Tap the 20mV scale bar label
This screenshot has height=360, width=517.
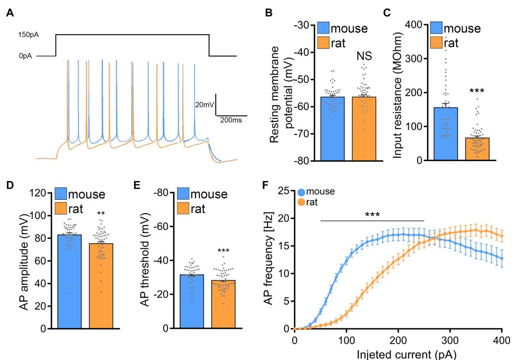(x=205, y=104)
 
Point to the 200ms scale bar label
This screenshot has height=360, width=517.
(x=233, y=120)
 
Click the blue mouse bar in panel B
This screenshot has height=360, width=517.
(x=332, y=129)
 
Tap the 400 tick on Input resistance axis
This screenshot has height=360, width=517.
(x=418, y=25)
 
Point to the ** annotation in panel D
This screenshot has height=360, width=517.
(x=100, y=214)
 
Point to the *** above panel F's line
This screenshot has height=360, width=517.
(x=372, y=215)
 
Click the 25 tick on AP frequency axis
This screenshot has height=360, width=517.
(x=282, y=191)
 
